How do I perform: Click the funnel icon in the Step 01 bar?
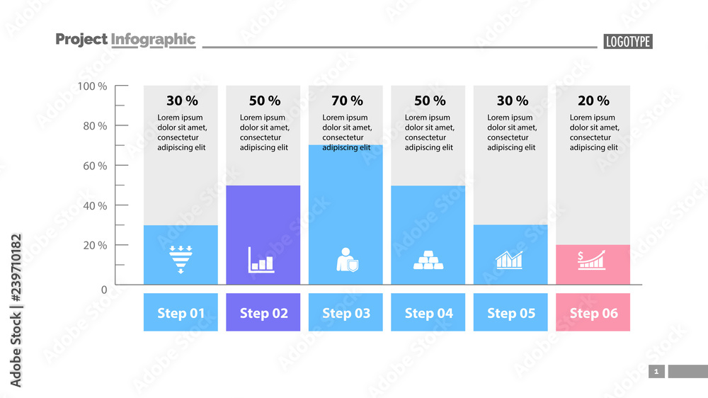(x=181, y=259)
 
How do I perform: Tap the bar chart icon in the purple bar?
(x=261, y=260)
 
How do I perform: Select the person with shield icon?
(x=346, y=260)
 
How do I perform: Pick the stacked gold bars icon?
(x=428, y=260)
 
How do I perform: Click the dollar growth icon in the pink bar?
(x=592, y=260)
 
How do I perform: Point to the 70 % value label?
(x=347, y=101)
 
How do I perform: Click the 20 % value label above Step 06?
(x=593, y=101)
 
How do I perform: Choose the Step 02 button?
(x=263, y=312)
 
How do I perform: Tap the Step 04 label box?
(x=428, y=312)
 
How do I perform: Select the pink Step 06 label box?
(x=593, y=312)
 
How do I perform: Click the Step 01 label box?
(x=181, y=312)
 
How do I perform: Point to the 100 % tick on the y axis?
(x=92, y=86)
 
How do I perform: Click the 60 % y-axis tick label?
(x=93, y=166)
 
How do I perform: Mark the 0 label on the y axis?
(x=104, y=290)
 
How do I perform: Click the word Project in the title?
(x=81, y=40)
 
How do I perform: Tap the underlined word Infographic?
(x=153, y=40)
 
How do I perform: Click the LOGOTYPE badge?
(x=627, y=42)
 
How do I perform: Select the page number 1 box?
(x=656, y=371)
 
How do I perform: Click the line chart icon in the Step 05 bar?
(x=510, y=260)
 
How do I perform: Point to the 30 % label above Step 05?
(x=512, y=101)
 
